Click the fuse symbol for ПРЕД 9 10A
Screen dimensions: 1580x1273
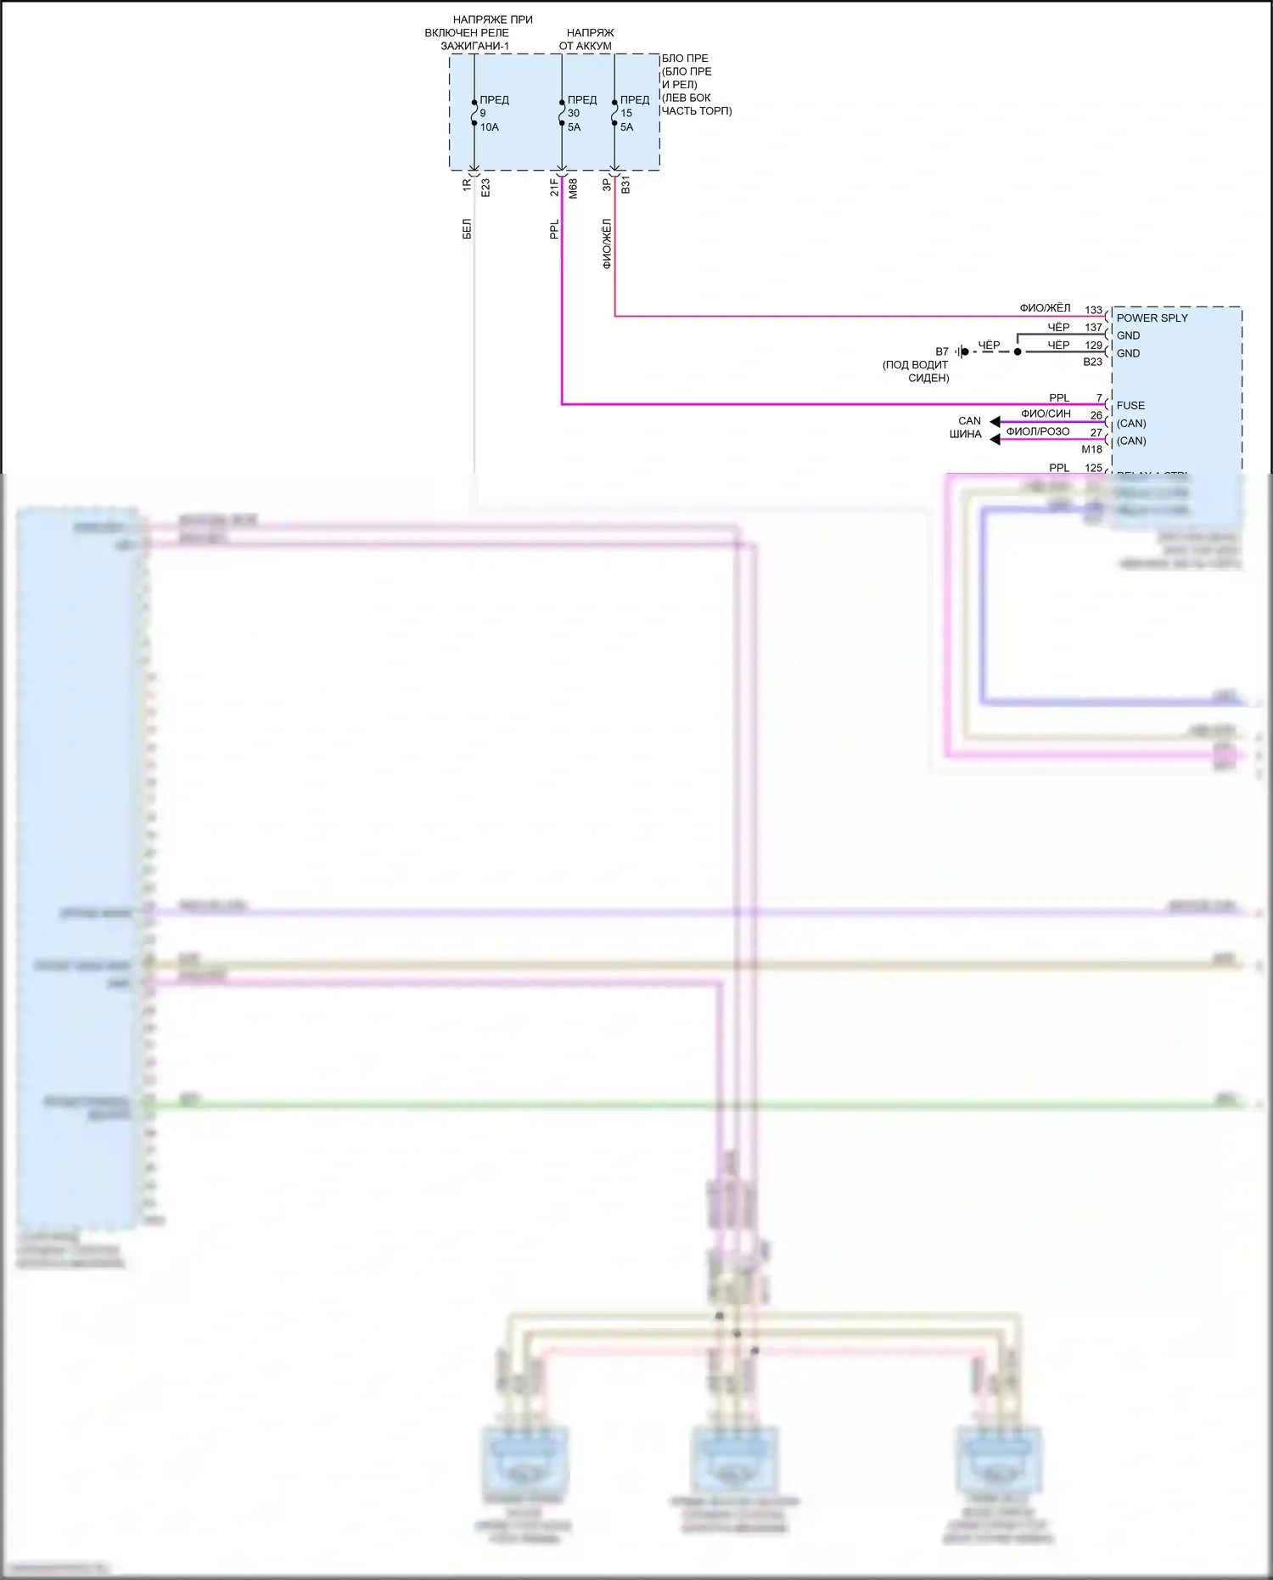(x=474, y=113)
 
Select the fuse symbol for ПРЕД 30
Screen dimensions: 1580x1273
(x=562, y=113)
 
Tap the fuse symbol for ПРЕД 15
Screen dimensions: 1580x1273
(x=614, y=113)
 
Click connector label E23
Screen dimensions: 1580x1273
(x=485, y=188)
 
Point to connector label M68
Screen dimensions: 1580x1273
(x=573, y=188)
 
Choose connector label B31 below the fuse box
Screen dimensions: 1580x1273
(x=625, y=185)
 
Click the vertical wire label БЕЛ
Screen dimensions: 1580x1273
(x=467, y=228)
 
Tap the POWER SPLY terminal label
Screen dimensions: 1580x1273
(x=1152, y=318)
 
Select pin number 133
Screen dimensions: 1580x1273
(x=1093, y=310)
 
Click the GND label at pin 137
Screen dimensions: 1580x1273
(x=1128, y=335)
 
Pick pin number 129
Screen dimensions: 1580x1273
(x=1093, y=345)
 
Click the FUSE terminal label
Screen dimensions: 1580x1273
(x=1130, y=405)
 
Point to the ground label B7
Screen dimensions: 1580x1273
(x=942, y=351)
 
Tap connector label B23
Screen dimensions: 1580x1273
(x=1092, y=362)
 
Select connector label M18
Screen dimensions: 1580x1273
(x=1091, y=449)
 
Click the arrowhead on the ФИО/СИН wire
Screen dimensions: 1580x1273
(x=995, y=422)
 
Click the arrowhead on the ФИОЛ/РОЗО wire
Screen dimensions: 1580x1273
(x=995, y=439)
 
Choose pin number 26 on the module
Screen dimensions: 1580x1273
(x=1096, y=415)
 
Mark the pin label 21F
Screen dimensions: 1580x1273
(x=554, y=187)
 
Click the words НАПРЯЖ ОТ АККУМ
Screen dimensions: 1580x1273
(x=586, y=39)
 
